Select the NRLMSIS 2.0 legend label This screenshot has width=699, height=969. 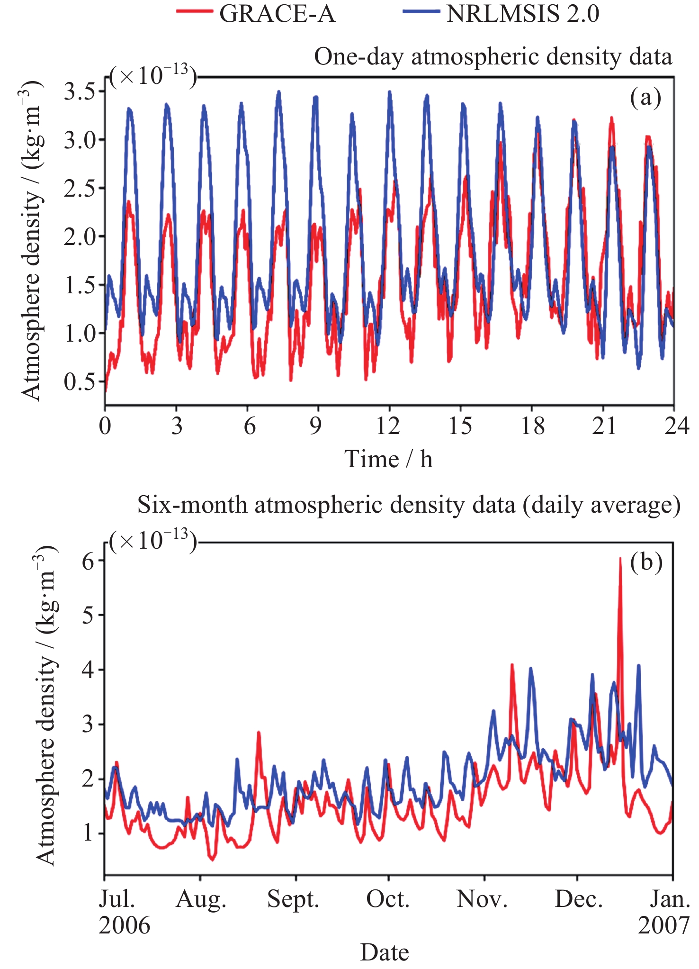pos(523,14)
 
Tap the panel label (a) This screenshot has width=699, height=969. pos(645,98)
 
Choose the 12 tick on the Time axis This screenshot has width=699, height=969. pos(388,426)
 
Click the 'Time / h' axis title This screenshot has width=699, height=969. pos(388,459)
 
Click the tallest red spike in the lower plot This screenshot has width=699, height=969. pos(620,560)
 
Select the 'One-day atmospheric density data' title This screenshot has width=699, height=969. pos(493,57)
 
